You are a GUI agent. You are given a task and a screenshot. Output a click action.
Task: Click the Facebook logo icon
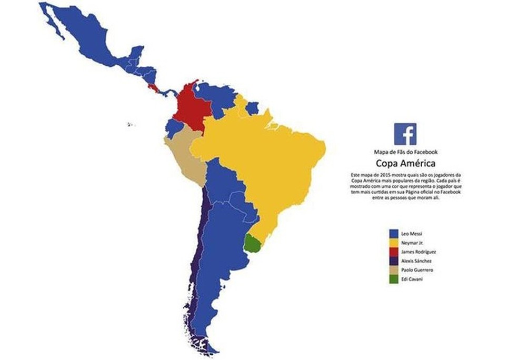click(x=405, y=134)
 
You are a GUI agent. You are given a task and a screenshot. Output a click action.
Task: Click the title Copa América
click(x=405, y=163)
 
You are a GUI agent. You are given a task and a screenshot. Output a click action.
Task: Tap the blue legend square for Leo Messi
click(x=392, y=233)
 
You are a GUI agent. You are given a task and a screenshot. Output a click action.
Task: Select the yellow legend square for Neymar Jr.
click(x=392, y=242)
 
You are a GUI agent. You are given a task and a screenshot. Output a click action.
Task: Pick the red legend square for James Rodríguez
click(x=392, y=252)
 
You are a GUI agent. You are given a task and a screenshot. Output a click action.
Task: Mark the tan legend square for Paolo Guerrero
click(x=392, y=270)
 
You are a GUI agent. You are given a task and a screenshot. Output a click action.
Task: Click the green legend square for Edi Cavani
click(x=392, y=279)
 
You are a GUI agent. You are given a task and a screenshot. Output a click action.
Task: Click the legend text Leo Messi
click(x=412, y=233)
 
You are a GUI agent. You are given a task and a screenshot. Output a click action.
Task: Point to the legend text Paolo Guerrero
click(x=417, y=270)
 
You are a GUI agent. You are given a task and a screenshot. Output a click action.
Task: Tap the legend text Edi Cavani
click(x=412, y=279)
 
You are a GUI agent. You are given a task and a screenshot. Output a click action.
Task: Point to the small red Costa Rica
click(x=153, y=87)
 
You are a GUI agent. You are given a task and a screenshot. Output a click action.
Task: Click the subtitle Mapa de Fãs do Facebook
click(x=405, y=152)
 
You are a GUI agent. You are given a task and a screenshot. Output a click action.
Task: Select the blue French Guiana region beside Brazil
click(x=252, y=108)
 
